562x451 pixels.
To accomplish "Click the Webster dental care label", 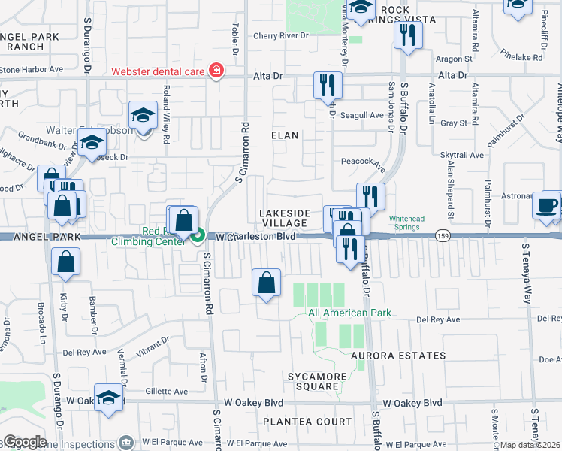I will coord(159,72).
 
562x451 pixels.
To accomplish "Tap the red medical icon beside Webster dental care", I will coord(217,71).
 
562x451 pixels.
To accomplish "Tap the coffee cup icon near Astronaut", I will coord(547,205).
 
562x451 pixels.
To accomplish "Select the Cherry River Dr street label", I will coord(281,35).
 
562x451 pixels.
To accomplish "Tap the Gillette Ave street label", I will coord(166,392).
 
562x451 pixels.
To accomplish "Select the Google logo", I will coord(25,442).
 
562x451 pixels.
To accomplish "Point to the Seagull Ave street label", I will coord(363,115).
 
